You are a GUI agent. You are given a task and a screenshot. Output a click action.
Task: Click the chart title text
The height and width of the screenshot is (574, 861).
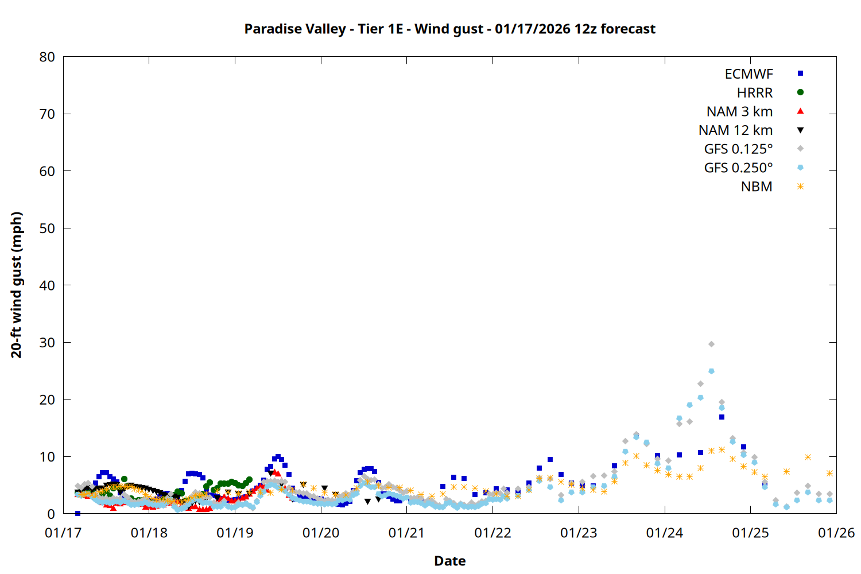449,29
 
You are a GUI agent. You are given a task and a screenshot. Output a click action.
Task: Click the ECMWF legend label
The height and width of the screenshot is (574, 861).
748,74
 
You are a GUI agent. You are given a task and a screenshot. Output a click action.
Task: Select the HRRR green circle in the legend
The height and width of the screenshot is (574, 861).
800,92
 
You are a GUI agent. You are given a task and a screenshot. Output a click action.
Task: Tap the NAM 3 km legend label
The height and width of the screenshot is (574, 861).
739,111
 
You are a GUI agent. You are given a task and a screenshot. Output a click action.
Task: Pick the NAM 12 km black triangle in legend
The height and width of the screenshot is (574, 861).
800,130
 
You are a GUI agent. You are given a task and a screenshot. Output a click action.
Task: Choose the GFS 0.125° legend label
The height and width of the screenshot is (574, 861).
738,149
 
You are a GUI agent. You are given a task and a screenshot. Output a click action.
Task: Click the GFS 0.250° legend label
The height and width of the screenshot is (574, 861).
738,168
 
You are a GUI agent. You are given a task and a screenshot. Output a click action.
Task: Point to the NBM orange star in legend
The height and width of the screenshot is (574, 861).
800,187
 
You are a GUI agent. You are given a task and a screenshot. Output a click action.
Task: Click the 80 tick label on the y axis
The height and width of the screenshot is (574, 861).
47,57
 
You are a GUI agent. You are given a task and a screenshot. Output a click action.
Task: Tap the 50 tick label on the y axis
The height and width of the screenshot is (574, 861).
47,228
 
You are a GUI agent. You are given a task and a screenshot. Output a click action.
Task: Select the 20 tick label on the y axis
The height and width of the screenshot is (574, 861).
47,400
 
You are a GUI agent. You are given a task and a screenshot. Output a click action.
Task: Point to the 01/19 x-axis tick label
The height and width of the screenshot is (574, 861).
235,533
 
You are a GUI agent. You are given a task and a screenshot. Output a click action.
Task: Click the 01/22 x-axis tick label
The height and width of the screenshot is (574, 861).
492,533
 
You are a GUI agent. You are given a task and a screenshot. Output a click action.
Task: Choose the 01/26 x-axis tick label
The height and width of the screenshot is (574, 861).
836,533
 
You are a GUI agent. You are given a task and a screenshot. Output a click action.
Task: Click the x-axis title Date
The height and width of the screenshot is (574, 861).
449,561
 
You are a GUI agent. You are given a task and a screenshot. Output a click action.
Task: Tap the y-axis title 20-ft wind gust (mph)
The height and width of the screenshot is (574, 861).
17,285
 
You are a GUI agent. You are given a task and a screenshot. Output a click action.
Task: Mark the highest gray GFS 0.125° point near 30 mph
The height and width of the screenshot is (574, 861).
711,344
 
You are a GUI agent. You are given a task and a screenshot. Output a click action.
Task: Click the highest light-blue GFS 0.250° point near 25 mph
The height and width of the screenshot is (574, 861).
711,371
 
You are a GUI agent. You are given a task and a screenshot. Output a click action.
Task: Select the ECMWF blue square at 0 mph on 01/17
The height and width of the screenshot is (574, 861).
77,513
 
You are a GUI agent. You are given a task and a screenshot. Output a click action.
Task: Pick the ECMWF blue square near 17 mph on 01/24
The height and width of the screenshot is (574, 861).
722,417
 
